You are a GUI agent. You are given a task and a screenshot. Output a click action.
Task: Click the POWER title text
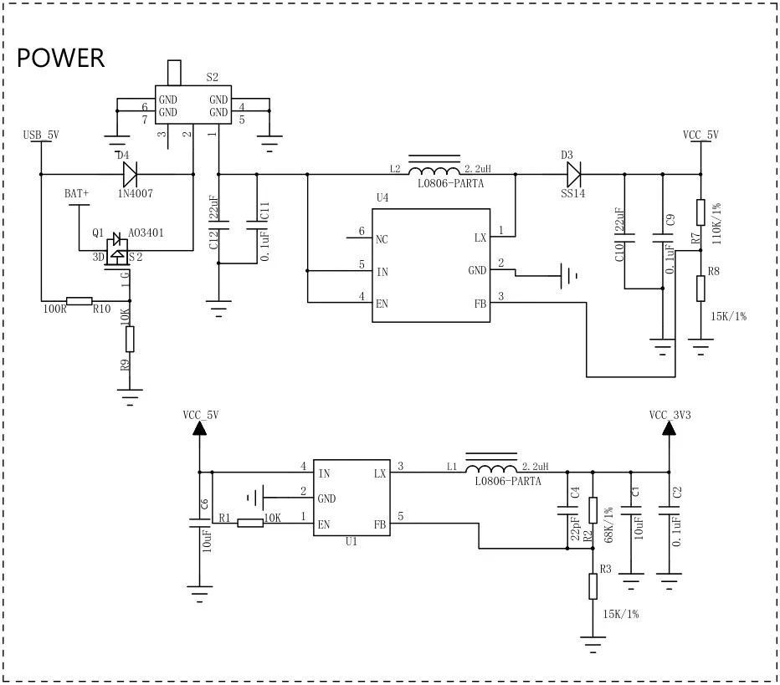[61, 58]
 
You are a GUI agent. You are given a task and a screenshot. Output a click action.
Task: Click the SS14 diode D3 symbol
[573, 174]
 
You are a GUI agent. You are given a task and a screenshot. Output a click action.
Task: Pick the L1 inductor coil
[491, 468]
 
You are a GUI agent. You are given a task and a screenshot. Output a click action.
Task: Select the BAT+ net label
[77, 193]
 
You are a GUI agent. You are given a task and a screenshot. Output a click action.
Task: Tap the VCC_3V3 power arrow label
[670, 414]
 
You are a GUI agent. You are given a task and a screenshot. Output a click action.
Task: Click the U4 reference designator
[382, 197]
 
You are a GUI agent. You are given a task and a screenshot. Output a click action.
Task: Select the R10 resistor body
[80, 300]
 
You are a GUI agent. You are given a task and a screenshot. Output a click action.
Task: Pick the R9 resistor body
[130, 339]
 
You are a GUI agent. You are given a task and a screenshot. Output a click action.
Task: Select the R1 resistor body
[250, 524]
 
